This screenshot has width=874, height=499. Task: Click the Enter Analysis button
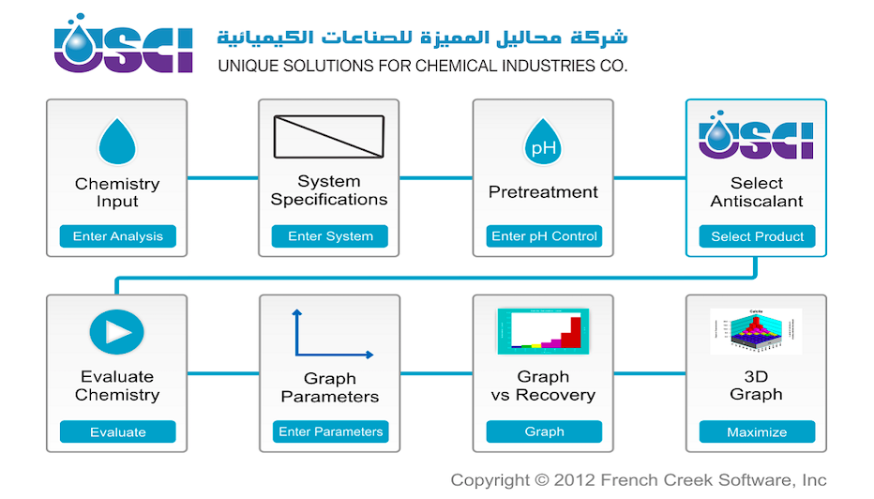tap(117, 235)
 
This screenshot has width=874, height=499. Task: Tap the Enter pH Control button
tap(544, 235)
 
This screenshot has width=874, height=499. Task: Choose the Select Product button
tap(757, 236)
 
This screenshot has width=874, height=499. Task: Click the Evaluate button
tap(117, 431)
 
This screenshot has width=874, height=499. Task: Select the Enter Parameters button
tap(330, 431)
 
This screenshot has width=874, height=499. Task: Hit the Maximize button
tap(757, 431)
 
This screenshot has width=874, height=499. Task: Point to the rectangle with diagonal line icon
tap(329, 137)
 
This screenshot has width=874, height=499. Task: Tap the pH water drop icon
tap(543, 142)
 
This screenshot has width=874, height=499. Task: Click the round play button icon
tap(116, 332)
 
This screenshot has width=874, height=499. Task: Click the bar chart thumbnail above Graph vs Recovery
tap(543, 331)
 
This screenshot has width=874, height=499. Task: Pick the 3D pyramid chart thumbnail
tap(756, 331)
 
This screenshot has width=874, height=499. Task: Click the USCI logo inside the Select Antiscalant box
tap(756, 135)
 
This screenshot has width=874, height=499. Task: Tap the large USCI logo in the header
tap(123, 43)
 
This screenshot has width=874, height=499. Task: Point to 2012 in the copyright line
tap(575, 480)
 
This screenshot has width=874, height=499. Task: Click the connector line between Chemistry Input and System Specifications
tap(223, 178)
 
